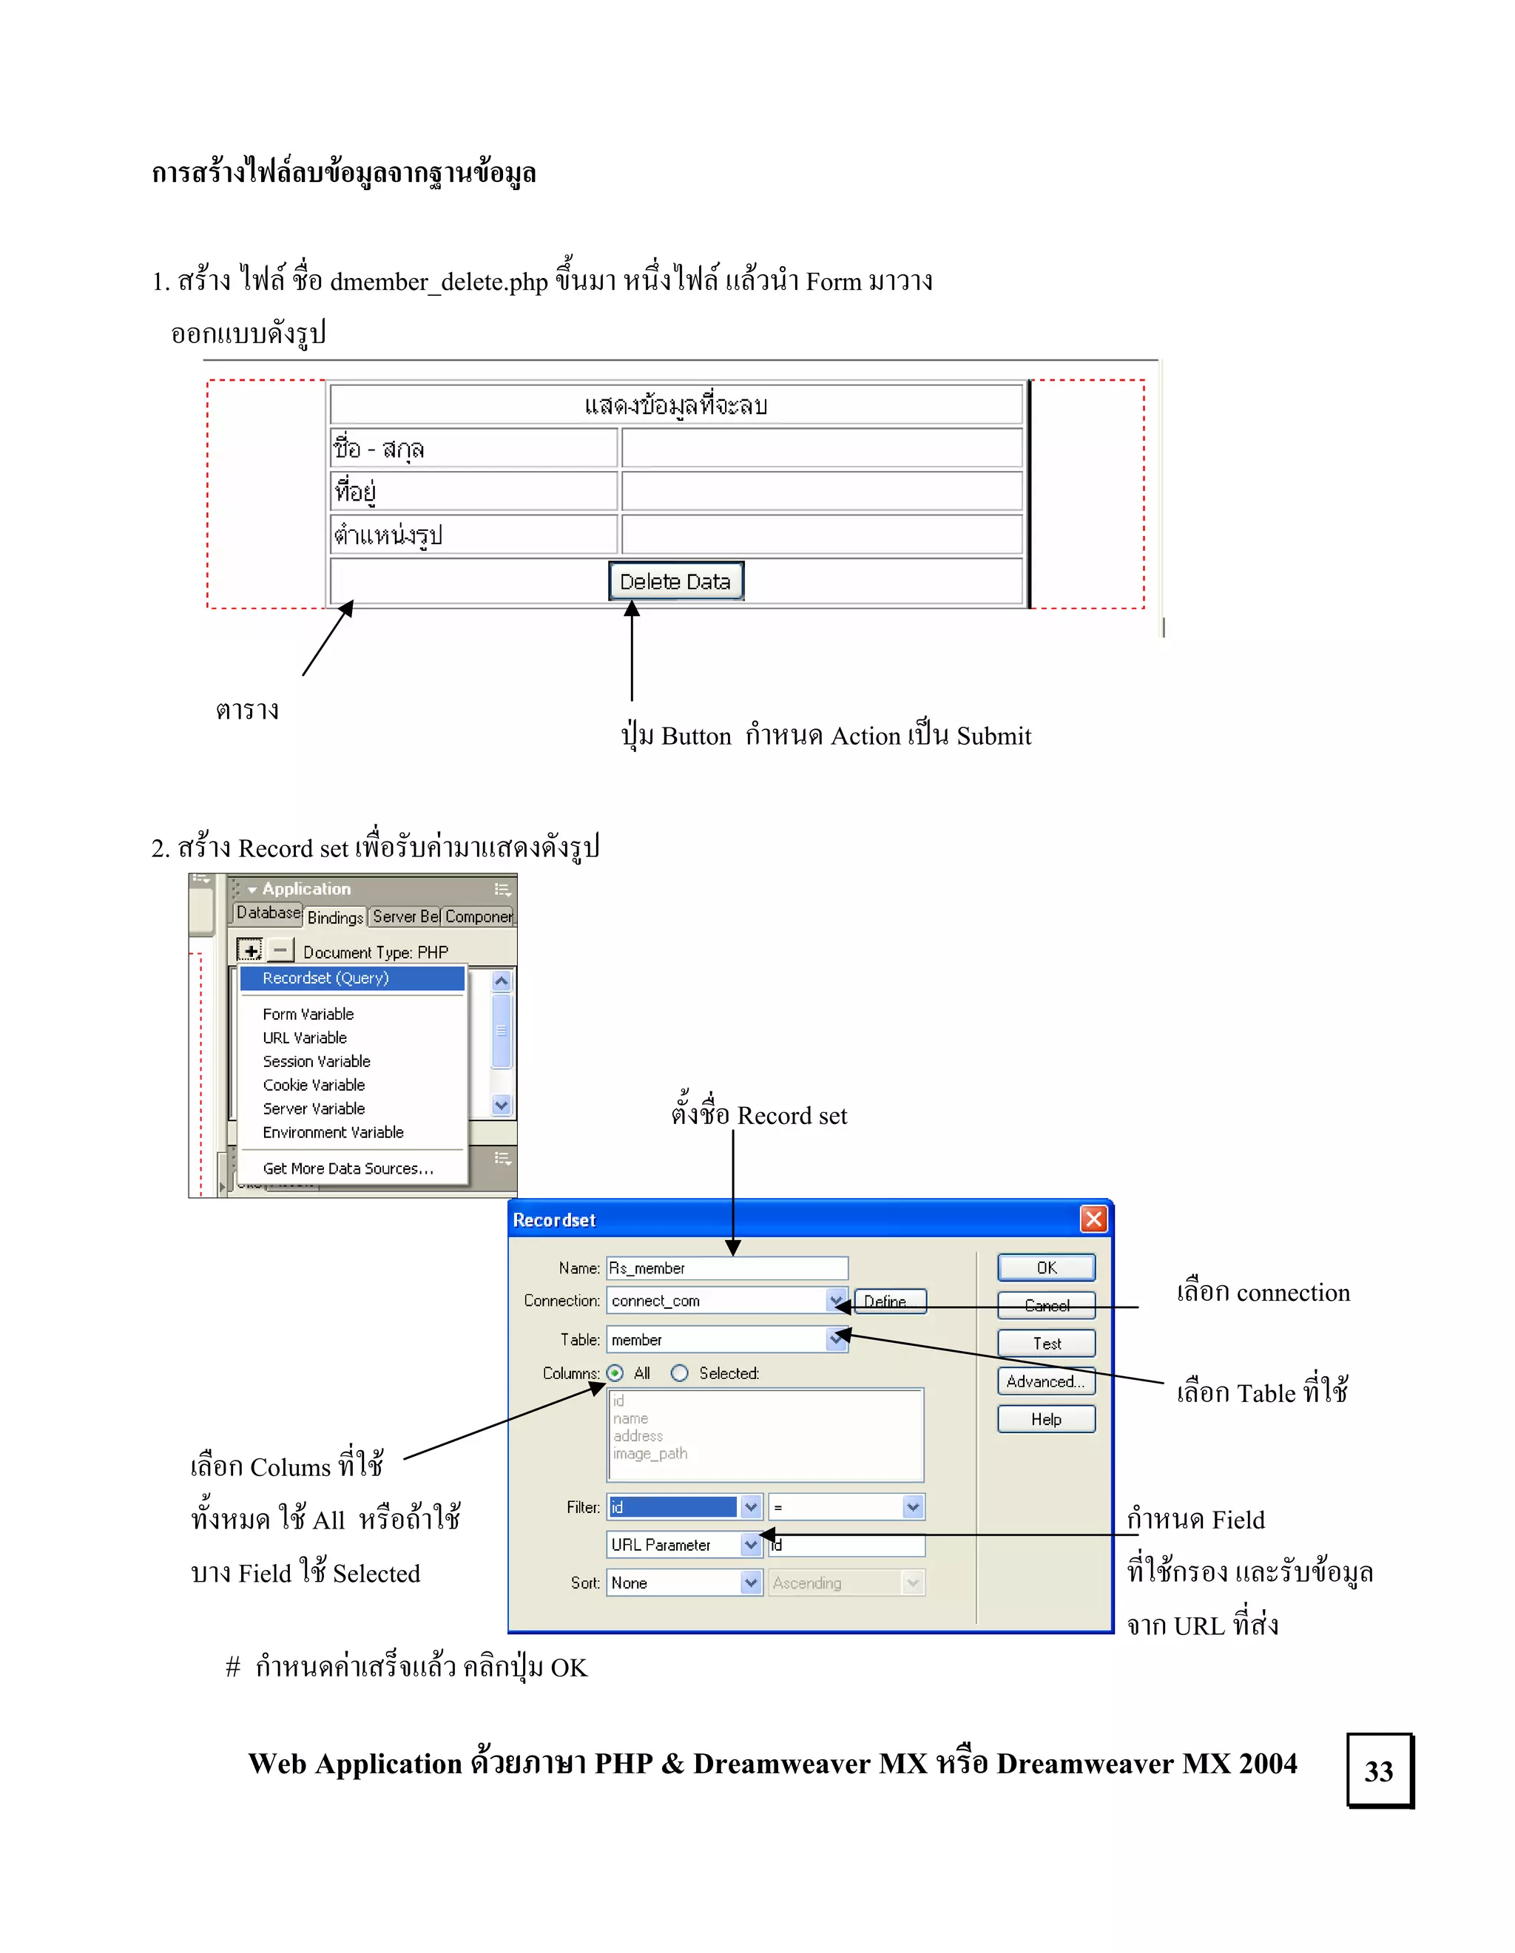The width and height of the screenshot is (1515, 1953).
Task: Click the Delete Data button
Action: point(675,581)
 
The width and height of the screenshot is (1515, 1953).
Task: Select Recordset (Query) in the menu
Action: point(325,978)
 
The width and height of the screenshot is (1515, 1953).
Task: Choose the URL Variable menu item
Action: point(304,1038)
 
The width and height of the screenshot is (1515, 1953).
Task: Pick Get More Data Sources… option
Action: point(348,1168)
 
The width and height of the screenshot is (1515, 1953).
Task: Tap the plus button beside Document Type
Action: point(249,950)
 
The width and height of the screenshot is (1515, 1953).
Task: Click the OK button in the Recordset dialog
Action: point(1045,1268)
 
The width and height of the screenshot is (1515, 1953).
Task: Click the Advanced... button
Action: point(1045,1381)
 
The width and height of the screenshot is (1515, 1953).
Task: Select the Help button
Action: point(1045,1419)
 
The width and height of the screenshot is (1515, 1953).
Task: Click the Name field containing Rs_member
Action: point(726,1268)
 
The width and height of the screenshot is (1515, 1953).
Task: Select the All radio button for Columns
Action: point(615,1372)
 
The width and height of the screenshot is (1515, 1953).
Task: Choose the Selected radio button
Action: point(680,1372)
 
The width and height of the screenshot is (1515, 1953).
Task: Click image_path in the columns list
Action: point(650,1454)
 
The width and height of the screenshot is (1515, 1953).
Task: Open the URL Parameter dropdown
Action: point(750,1544)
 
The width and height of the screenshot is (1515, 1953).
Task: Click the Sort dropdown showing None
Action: point(750,1583)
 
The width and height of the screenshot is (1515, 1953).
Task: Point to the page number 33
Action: point(1379,1770)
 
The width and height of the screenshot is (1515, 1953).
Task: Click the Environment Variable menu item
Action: point(333,1132)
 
